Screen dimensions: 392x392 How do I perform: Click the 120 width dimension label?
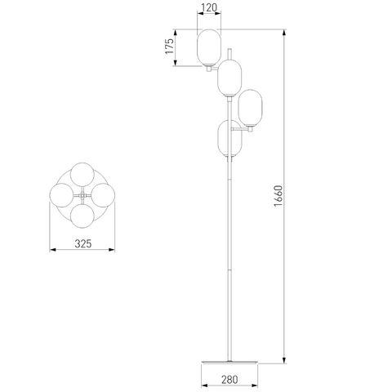209,7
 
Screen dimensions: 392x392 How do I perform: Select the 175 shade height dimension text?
169,46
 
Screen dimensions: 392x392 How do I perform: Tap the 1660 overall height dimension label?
278,196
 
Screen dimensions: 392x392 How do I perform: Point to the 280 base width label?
229,379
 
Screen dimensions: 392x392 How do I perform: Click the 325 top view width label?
83,243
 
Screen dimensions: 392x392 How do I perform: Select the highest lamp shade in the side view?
209,47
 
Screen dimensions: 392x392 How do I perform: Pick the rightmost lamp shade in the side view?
250,108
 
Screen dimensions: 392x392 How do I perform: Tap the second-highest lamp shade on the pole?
229,78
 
